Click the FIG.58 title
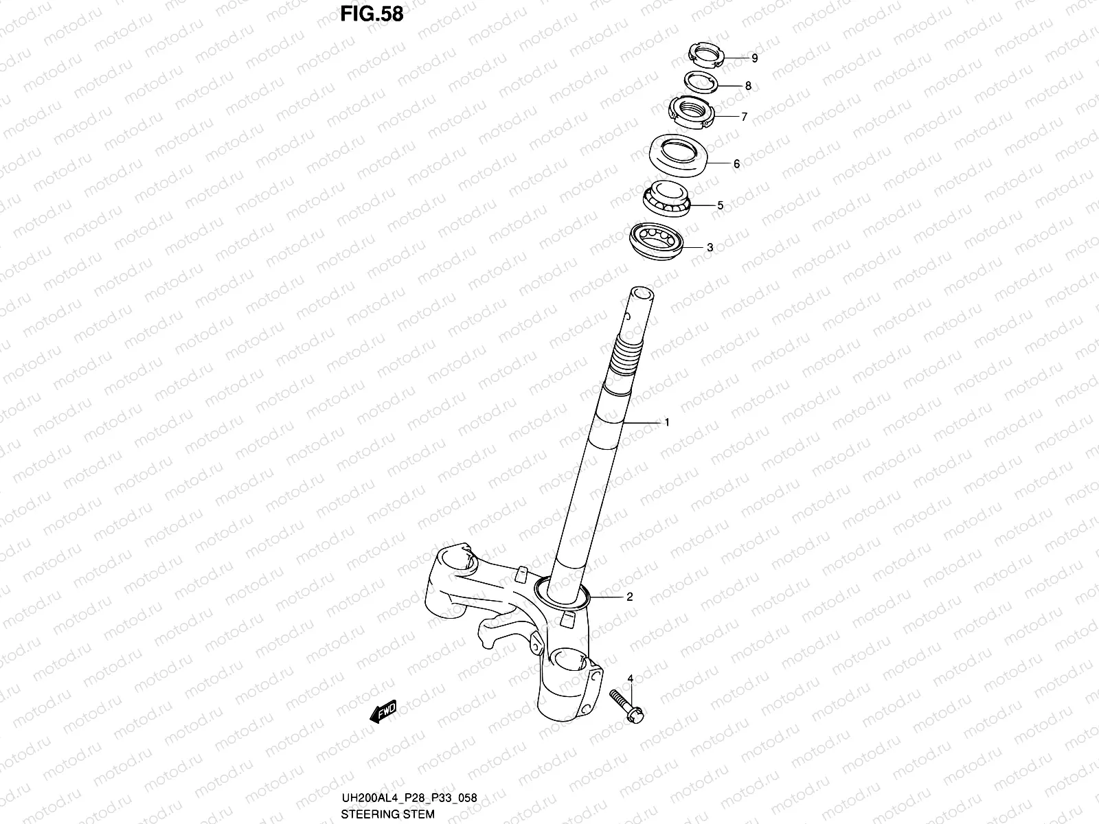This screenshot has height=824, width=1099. pos(372,14)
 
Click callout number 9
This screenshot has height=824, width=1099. pos(754,58)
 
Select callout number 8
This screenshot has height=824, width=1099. pos(748,87)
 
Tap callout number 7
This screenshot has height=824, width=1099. pos(743,117)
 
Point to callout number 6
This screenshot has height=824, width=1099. pos(736,164)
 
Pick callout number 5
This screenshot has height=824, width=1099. pos(720,205)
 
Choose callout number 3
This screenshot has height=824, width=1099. pos(710,248)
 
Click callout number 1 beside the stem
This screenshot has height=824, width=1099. pos(666,423)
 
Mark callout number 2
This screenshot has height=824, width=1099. pos(629,597)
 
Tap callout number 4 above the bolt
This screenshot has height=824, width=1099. pos(630,679)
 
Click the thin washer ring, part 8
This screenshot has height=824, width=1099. pos(701,82)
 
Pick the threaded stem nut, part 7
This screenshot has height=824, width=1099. pos(692,112)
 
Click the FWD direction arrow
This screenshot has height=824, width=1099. pos(383,711)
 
